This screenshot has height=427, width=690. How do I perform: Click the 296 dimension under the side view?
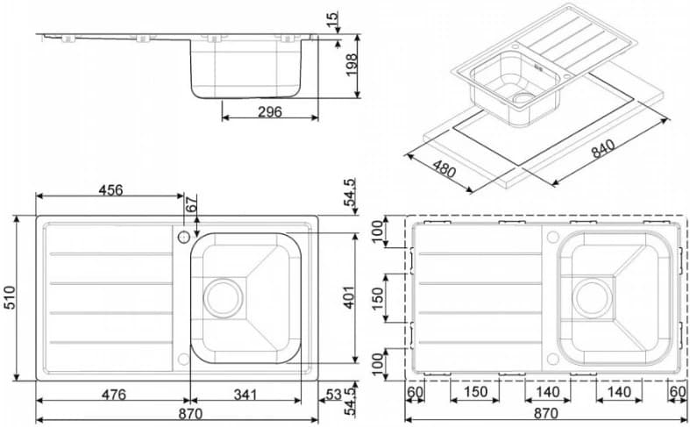coord(270,111)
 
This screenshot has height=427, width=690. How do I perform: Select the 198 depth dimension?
coord(353,66)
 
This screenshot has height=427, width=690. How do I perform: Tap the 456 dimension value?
coord(110,189)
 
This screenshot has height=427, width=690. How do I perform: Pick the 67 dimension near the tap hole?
coord(193,204)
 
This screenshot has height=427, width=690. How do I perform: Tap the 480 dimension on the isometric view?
coord(444,167)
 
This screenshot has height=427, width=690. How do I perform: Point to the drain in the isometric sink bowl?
coord(523,97)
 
